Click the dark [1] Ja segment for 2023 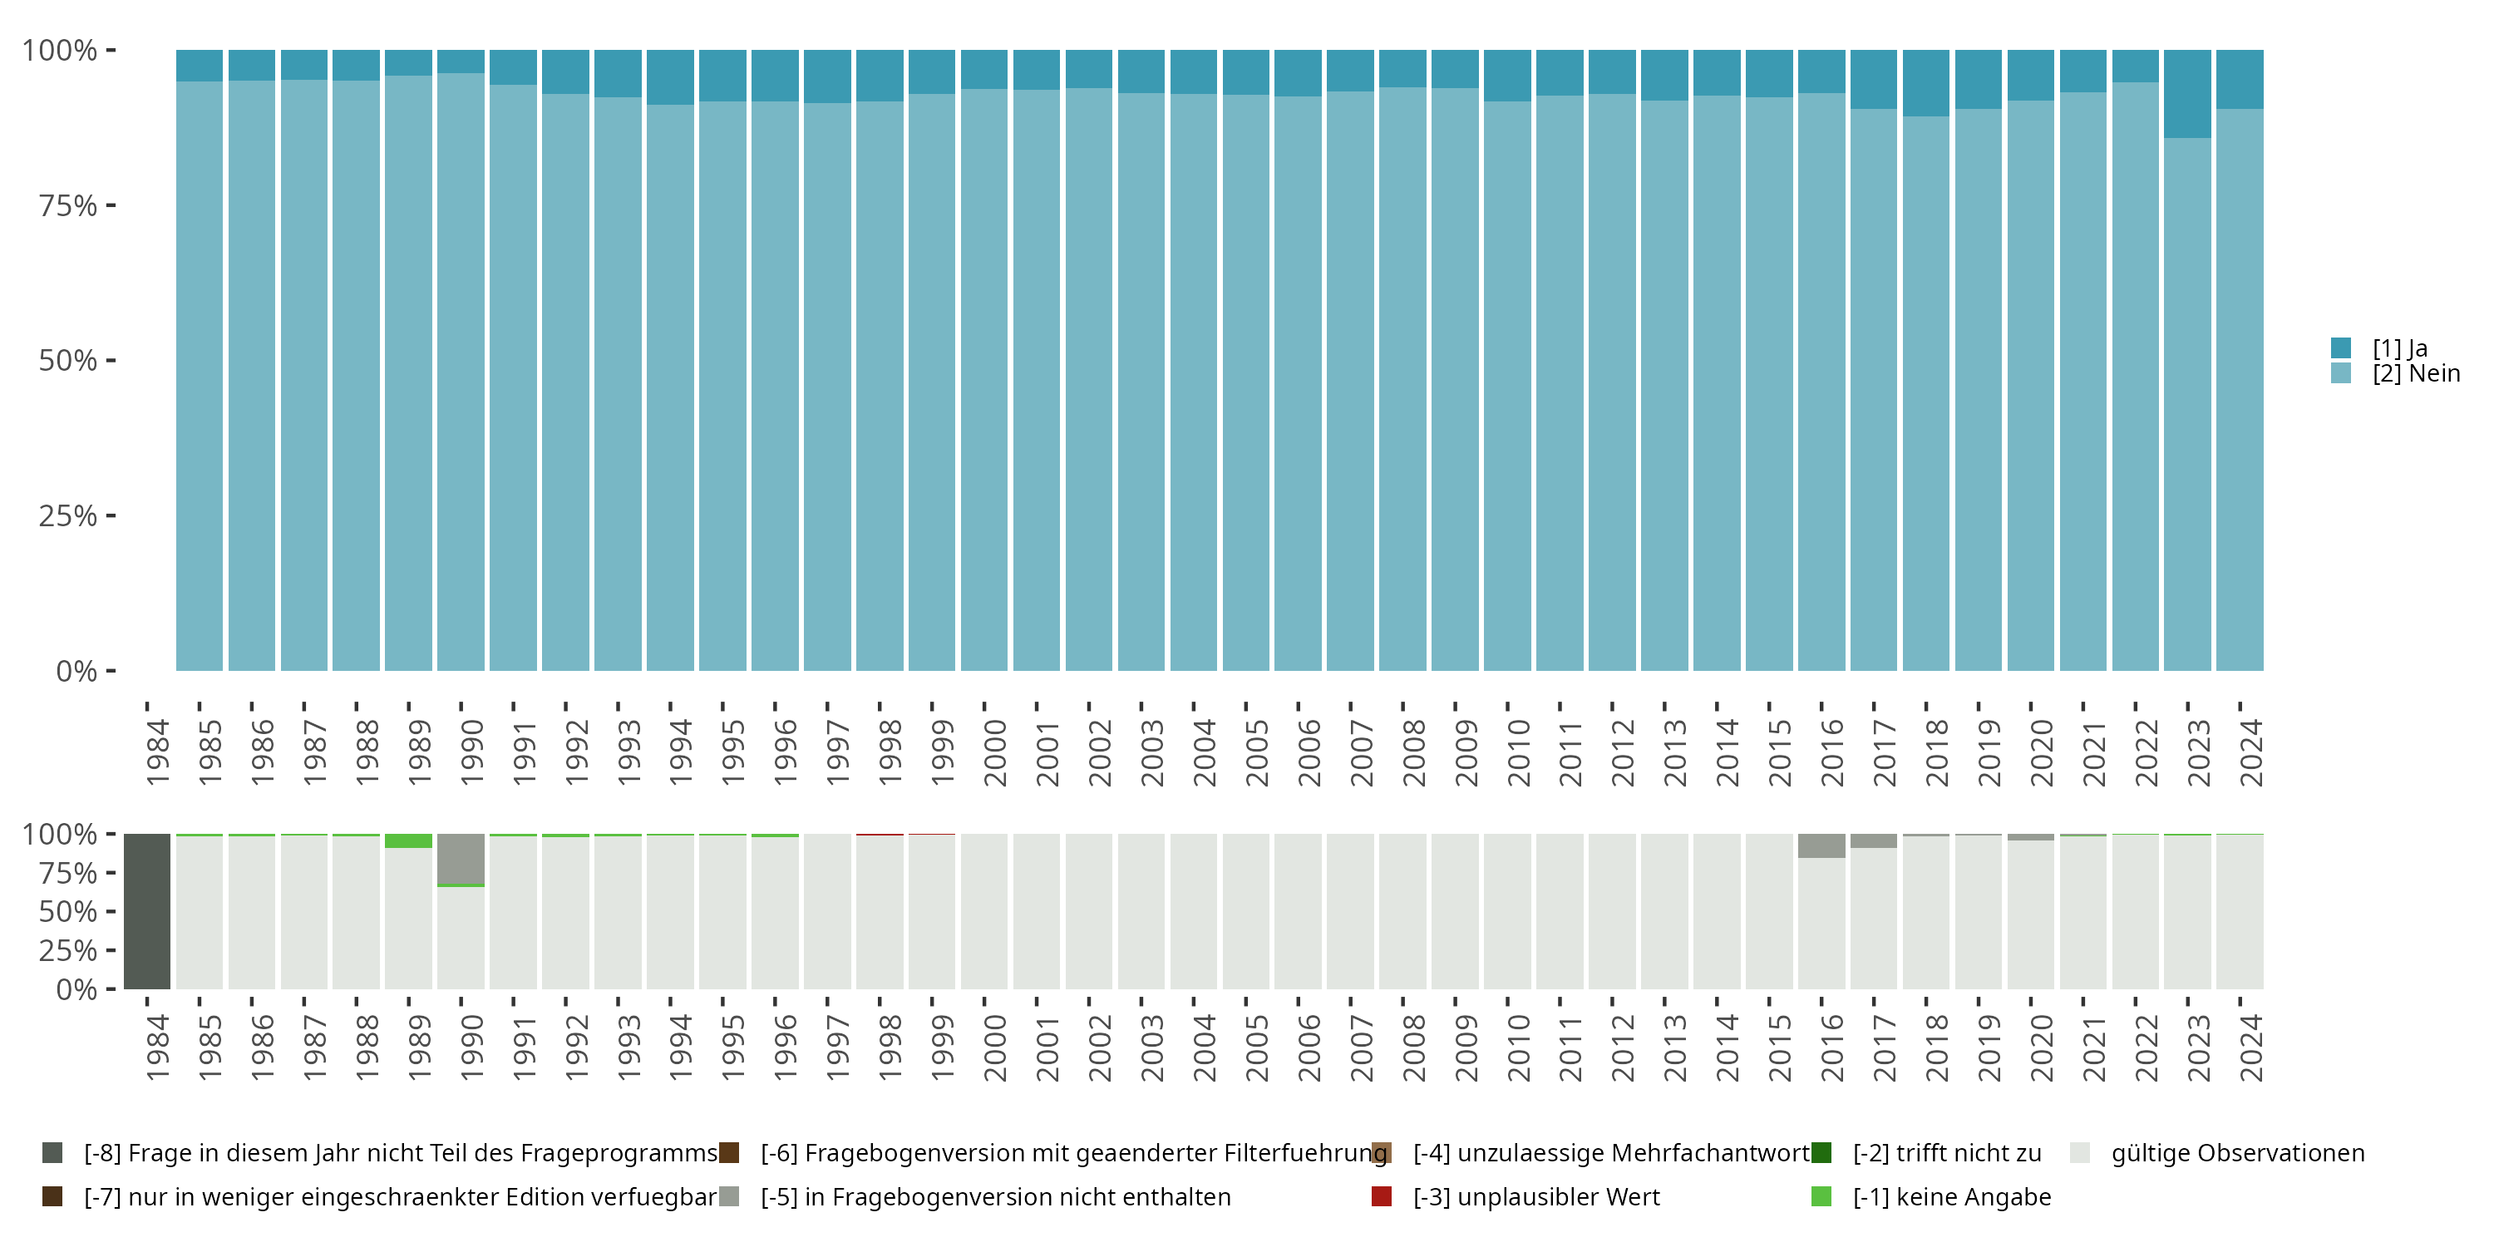click(x=2187, y=94)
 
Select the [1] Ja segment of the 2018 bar click(x=1925, y=83)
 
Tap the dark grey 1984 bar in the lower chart click(x=147, y=911)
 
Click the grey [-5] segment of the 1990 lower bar click(x=461, y=860)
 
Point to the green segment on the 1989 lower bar click(x=408, y=840)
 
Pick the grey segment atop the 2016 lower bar click(x=1821, y=845)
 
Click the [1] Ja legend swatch click(x=2341, y=347)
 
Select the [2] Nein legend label click(x=2416, y=374)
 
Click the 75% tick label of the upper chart click(x=68, y=205)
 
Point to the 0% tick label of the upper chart click(x=76, y=671)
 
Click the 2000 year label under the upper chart click(x=994, y=752)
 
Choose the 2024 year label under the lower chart click(x=2251, y=1047)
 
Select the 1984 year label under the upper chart click(x=157, y=752)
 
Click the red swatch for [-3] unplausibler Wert click(x=1382, y=1196)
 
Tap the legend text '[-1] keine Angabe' click(x=1952, y=1196)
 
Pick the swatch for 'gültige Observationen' click(x=2080, y=1153)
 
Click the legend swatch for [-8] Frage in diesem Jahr click(x=52, y=1153)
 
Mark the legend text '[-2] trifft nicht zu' click(x=1947, y=1153)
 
